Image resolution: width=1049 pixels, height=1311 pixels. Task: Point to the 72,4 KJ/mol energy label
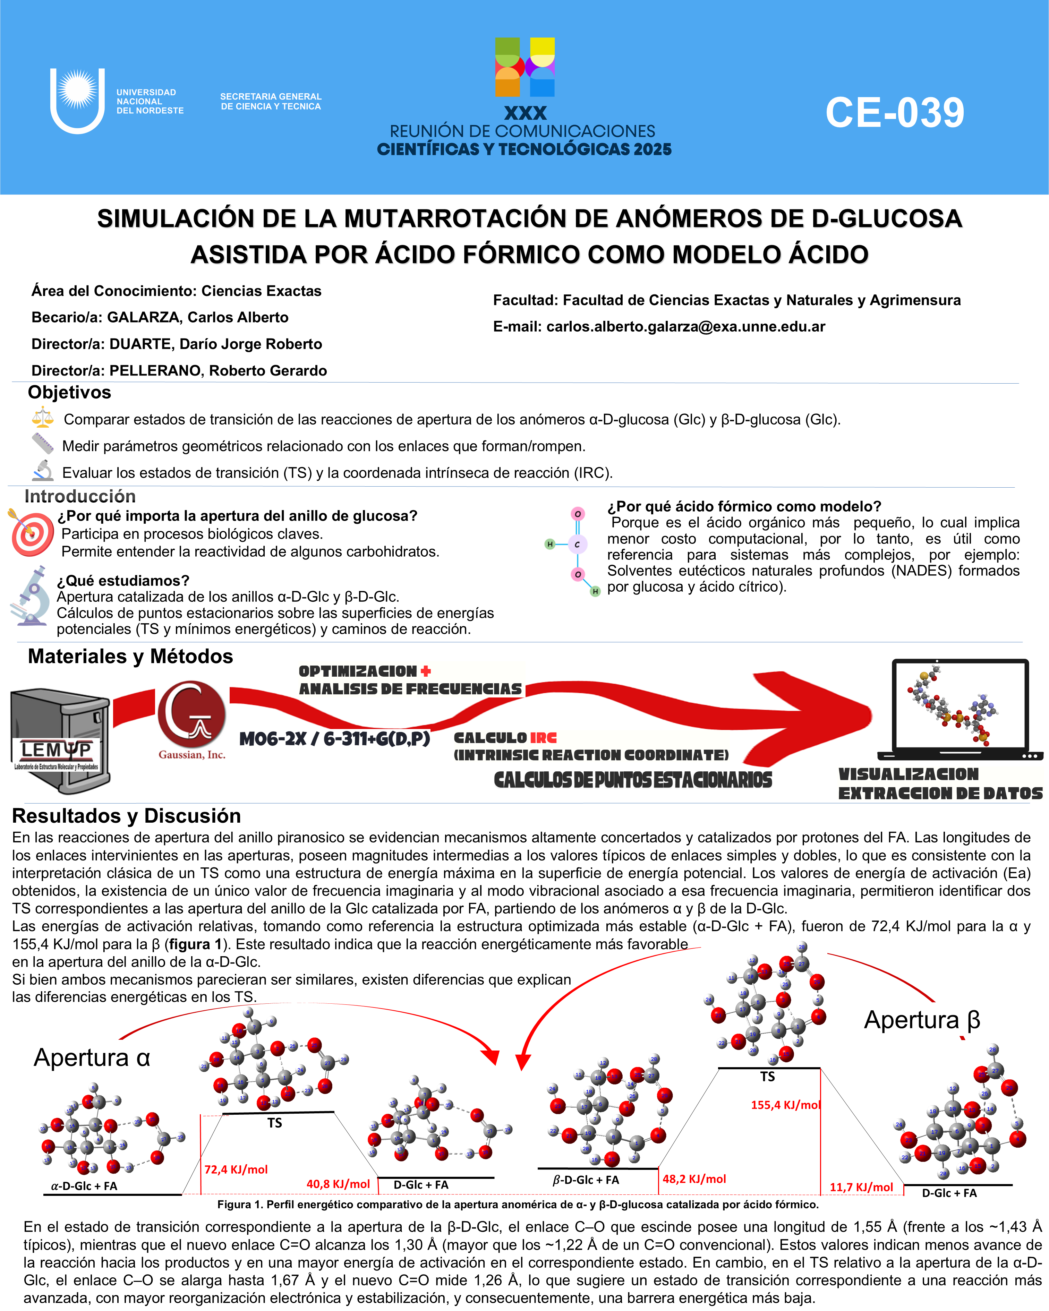[236, 1169]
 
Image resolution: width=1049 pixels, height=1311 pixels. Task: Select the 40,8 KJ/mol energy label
[338, 1184]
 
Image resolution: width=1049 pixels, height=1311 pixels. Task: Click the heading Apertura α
[92, 1057]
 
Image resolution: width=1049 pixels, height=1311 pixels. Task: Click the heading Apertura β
[922, 1020]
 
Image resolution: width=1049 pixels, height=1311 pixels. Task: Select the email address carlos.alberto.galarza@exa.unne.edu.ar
[685, 326]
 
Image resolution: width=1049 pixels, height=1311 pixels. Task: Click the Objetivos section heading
[69, 392]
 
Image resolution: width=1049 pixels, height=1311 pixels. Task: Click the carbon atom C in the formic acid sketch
[577, 544]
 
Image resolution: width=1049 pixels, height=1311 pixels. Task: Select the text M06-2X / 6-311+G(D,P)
[334, 739]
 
